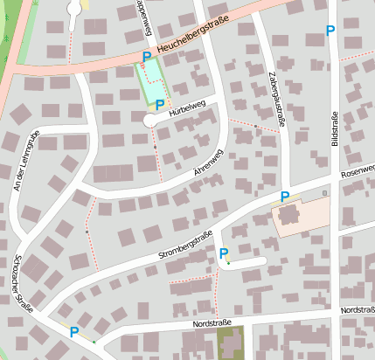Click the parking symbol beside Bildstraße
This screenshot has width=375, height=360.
[330, 31]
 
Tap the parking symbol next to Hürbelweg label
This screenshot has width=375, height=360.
[160, 105]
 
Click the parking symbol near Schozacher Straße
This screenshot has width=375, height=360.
[74, 331]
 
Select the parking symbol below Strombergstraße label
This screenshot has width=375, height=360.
[224, 253]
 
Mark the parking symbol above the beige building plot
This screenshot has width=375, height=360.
[284, 196]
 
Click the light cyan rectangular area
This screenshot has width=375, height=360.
[151, 84]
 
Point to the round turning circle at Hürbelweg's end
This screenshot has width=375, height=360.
[150, 122]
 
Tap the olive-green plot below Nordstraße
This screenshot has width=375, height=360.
[231, 342]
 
